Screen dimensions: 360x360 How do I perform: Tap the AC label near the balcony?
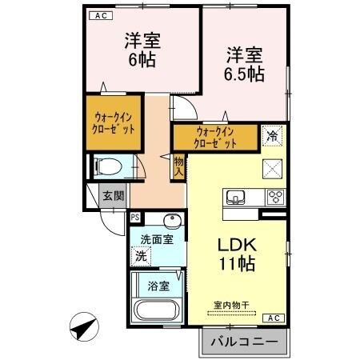coord(273,318)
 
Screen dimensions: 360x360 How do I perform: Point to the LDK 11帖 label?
coord(238,254)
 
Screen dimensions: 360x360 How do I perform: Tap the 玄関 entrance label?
coord(113,195)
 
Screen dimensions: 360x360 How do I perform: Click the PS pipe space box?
coord(135,216)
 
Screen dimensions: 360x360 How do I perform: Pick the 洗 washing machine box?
coord(141,257)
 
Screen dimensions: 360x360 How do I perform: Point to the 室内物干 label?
coord(231,305)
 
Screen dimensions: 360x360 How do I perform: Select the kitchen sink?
coord(238,197)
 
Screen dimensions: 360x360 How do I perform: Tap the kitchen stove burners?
coord(275,197)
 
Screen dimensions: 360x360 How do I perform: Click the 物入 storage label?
coord(179,166)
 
